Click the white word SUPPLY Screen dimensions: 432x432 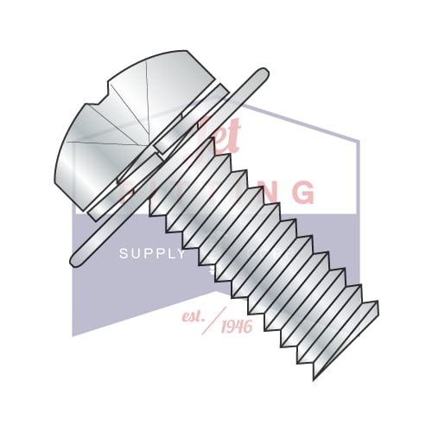[152, 253]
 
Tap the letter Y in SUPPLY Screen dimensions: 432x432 [181, 253]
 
